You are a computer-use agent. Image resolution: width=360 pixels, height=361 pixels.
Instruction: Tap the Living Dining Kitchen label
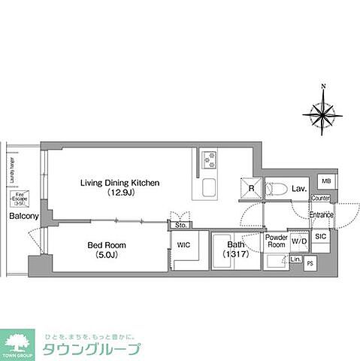tap(120, 183)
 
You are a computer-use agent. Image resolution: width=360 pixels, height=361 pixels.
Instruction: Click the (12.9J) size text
tap(121, 194)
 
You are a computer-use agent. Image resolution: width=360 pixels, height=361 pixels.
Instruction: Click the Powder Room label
tap(276, 241)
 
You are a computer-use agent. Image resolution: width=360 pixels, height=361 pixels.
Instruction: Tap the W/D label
tap(298, 242)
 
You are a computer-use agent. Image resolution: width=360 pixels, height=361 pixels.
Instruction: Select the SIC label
tap(320, 236)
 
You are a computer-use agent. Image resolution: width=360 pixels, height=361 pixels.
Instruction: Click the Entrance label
tap(321, 215)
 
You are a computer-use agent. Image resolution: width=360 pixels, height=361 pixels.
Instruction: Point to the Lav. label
tap(298, 189)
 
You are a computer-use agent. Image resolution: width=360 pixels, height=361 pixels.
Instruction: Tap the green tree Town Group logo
tap(18, 341)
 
